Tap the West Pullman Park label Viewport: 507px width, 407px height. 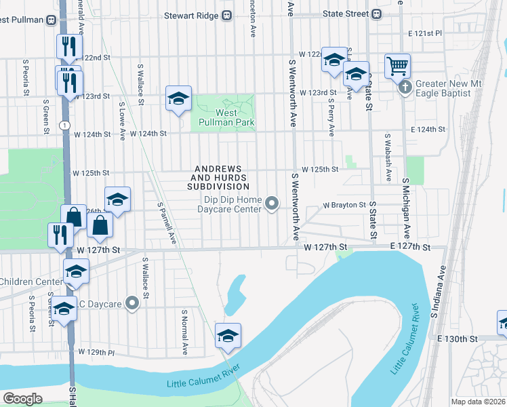(x=226, y=118)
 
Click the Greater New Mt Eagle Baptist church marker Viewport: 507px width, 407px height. (x=405, y=88)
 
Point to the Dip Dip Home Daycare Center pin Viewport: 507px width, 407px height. (x=272, y=203)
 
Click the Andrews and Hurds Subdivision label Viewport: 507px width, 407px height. (x=222, y=177)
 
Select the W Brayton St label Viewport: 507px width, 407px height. (x=344, y=204)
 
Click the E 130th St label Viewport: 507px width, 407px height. (x=458, y=338)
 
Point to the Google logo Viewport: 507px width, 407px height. (x=23, y=399)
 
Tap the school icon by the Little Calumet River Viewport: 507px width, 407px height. (x=228, y=336)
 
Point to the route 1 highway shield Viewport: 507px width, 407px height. (x=64, y=125)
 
